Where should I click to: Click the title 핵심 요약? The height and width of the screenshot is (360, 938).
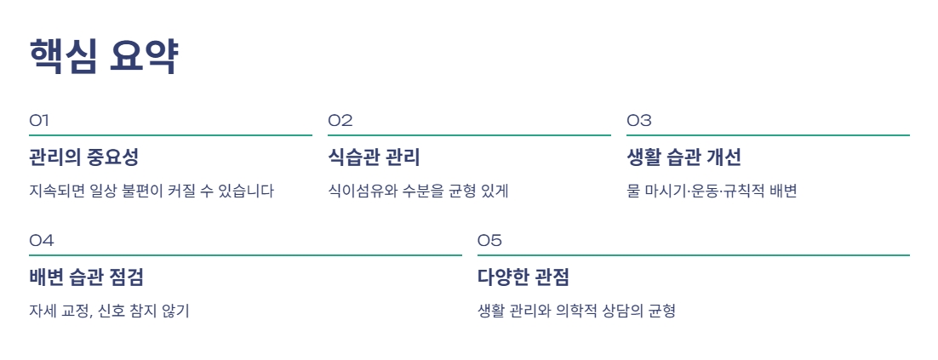(104, 56)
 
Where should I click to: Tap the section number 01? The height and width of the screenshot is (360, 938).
(39, 121)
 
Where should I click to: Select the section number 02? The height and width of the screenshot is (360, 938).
(340, 121)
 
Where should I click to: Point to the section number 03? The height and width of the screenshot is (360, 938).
(639, 121)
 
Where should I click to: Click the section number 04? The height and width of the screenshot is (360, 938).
(41, 240)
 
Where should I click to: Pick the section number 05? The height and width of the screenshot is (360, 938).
(489, 240)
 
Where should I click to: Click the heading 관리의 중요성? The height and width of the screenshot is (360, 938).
(83, 158)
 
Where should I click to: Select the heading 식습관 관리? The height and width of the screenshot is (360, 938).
(374, 158)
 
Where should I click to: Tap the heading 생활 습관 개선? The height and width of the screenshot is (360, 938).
(684, 158)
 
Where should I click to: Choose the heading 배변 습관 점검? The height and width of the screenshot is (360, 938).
(86, 277)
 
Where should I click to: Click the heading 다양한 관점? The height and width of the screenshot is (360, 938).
(523, 277)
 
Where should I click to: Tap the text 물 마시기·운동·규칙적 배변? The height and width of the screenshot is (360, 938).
(712, 191)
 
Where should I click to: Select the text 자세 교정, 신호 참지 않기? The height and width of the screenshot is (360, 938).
(109, 311)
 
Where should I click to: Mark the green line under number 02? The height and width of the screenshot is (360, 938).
(469, 136)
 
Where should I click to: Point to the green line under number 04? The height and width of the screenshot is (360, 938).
(245, 255)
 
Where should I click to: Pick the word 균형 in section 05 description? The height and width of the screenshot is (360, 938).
(662, 311)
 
